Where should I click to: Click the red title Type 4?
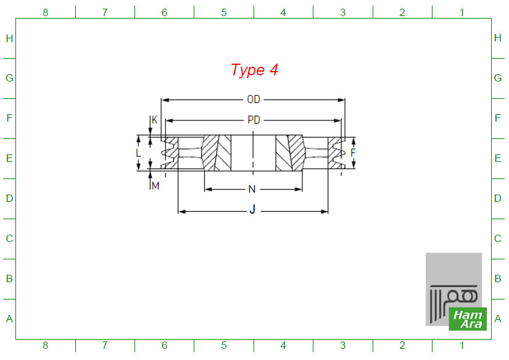tap(254, 70)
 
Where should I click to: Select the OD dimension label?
tap(254, 99)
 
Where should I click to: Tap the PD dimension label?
tap(254, 120)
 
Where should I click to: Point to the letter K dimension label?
tap(154, 120)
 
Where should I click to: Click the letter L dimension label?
tap(138, 153)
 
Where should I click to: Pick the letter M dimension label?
tap(155, 186)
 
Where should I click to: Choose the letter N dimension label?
tap(252, 189)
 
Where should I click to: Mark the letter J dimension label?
tap(252, 209)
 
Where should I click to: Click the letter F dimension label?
tap(353, 153)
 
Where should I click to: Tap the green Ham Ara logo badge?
tap(468, 319)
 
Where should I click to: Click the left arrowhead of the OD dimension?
tap(165, 100)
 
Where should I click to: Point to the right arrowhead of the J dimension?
tap(324, 212)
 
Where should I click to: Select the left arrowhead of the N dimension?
tap(209, 189)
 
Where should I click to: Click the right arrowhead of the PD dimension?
tap(337, 120)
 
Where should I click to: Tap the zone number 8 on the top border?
tap(46, 12)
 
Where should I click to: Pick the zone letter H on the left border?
tap(9, 38)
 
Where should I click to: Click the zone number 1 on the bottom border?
tap(462, 345)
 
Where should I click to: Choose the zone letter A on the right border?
tap(498, 319)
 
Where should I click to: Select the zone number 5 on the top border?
tap(224, 12)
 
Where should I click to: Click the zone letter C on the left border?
tap(9, 238)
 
